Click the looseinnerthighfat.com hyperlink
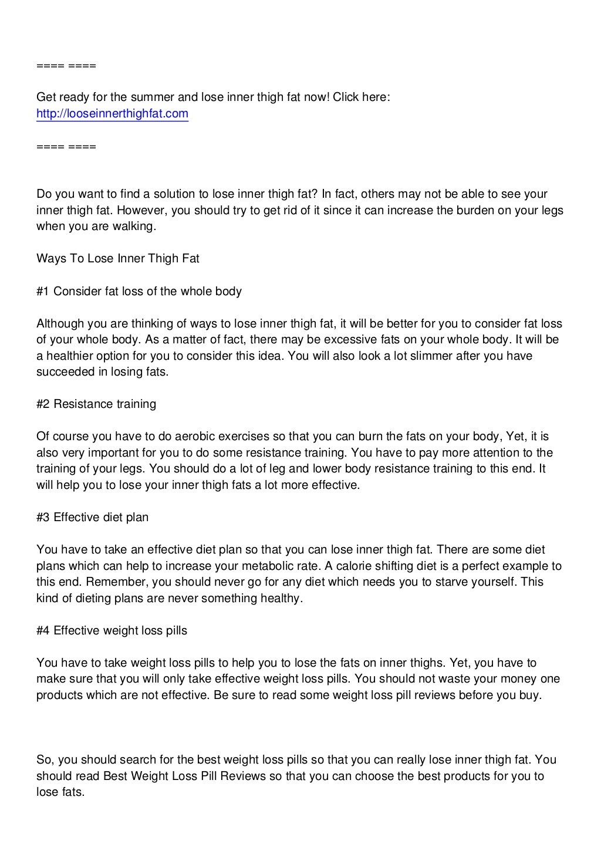[112, 113]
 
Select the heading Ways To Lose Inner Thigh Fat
[118, 258]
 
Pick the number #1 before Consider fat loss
[43, 291]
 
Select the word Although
[60, 323]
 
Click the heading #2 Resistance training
[96, 404]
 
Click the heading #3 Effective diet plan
[93, 517]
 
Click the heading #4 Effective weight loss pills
[112, 630]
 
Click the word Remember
[87, 582]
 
